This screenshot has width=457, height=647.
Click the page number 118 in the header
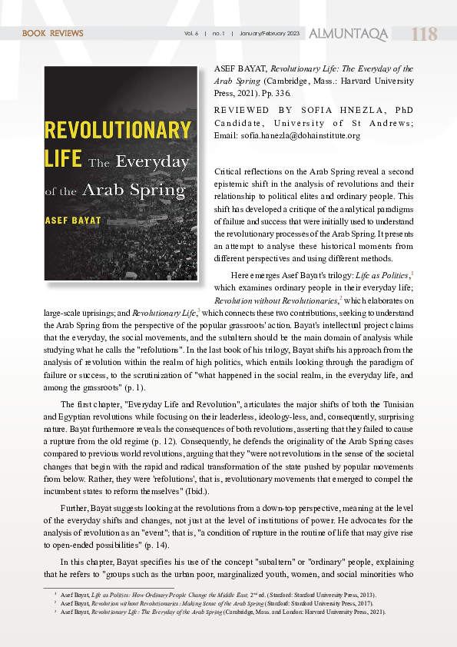coord(425,35)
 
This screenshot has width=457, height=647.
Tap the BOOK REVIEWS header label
coord(53,34)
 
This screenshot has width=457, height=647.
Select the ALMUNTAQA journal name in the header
coord(348,35)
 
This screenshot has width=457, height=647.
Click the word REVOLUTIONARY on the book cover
coord(118,130)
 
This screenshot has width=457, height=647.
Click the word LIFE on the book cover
coord(63,159)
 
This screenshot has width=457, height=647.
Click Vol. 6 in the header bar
coord(191,34)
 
